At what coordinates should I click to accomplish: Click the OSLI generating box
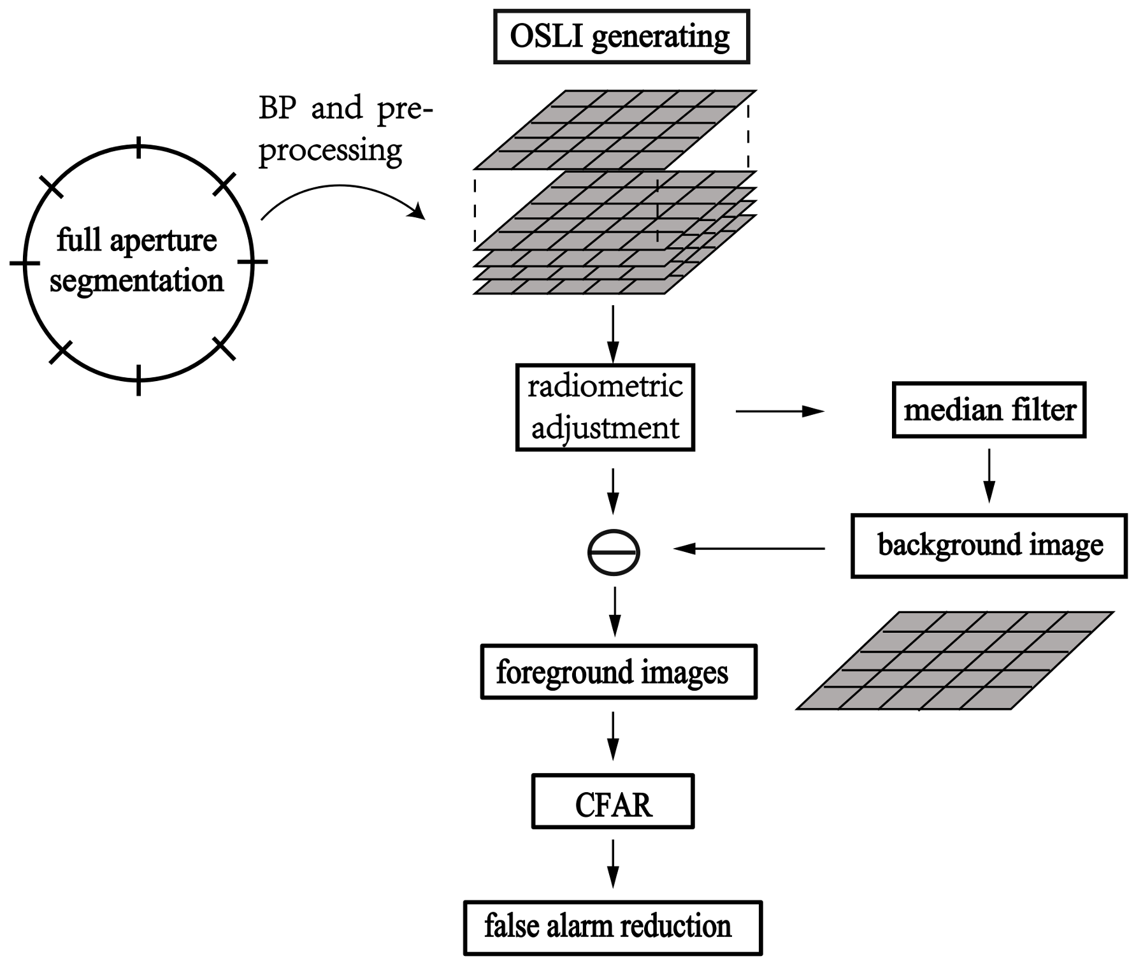tap(621, 36)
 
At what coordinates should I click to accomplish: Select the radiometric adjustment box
tap(605, 407)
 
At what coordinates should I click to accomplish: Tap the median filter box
tap(988, 410)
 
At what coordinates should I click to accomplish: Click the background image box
tap(988, 545)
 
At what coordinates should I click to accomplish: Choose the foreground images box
tap(617, 672)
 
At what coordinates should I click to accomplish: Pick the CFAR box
tap(612, 802)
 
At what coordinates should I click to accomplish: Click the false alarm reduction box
tap(612, 927)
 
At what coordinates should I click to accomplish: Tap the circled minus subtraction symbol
tap(613, 553)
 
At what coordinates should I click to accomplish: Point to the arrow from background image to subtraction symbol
tap(749, 548)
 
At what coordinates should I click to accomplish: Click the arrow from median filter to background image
tap(989, 475)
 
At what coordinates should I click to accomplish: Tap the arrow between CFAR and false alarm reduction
tap(612, 863)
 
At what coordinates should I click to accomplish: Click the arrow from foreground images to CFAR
tap(612, 736)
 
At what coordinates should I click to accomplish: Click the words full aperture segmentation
tap(137, 261)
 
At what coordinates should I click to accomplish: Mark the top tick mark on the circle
tap(139, 151)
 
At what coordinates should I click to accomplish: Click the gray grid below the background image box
tap(954, 660)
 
